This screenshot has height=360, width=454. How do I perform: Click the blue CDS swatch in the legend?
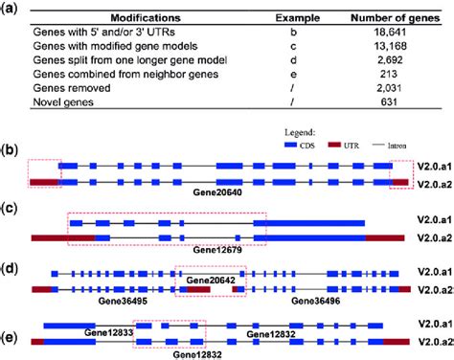click(297, 149)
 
